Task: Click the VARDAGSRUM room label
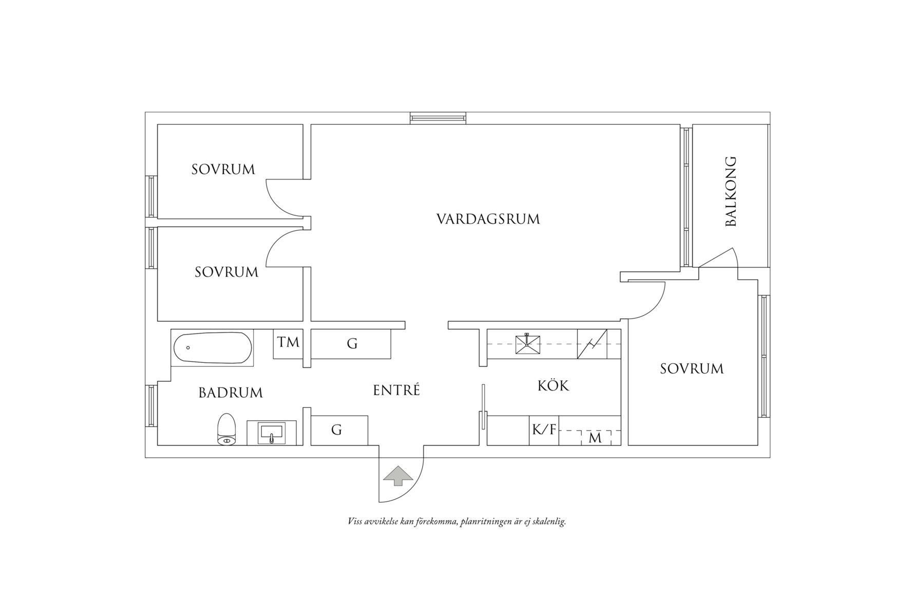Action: point(488,219)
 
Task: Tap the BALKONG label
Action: point(730,191)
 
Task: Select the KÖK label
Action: point(553,385)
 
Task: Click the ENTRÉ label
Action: point(396,390)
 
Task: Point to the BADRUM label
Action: point(231,393)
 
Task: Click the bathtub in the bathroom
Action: point(213,348)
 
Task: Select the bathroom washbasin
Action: point(272,432)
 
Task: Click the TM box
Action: point(288,342)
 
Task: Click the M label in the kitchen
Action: point(595,438)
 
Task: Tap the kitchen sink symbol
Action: point(527,344)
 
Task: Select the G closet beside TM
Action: point(352,344)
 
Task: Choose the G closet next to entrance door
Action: point(337,430)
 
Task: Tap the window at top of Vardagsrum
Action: point(438,118)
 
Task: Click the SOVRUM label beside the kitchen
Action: point(692,368)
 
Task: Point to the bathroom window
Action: point(151,405)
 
